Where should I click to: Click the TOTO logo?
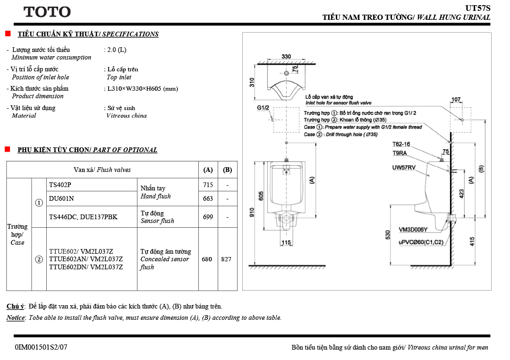click(x=47, y=12)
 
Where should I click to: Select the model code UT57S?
click(x=478, y=8)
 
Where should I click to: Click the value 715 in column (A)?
click(x=208, y=185)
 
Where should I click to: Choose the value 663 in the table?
click(x=208, y=198)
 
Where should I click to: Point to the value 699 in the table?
click(x=208, y=217)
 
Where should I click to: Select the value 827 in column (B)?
click(x=226, y=259)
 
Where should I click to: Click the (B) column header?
click(x=227, y=170)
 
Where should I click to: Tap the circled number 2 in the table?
click(x=39, y=259)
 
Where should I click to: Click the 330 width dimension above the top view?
click(x=286, y=56)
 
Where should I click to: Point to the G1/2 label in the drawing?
click(x=263, y=108)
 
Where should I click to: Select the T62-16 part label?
click(x=401, y=144)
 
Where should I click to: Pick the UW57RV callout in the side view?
click(x=404, y=168)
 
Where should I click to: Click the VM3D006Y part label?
click(x=413, y=230)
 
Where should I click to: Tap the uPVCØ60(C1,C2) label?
click(x=421, y=242)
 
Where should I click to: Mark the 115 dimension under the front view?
click(x=286, y=242)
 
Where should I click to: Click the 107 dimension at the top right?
click(x=456, y=99)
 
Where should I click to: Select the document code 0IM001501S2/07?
click(x=41, y=347)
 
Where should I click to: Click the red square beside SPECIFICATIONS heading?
click(x=8, y=33)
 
